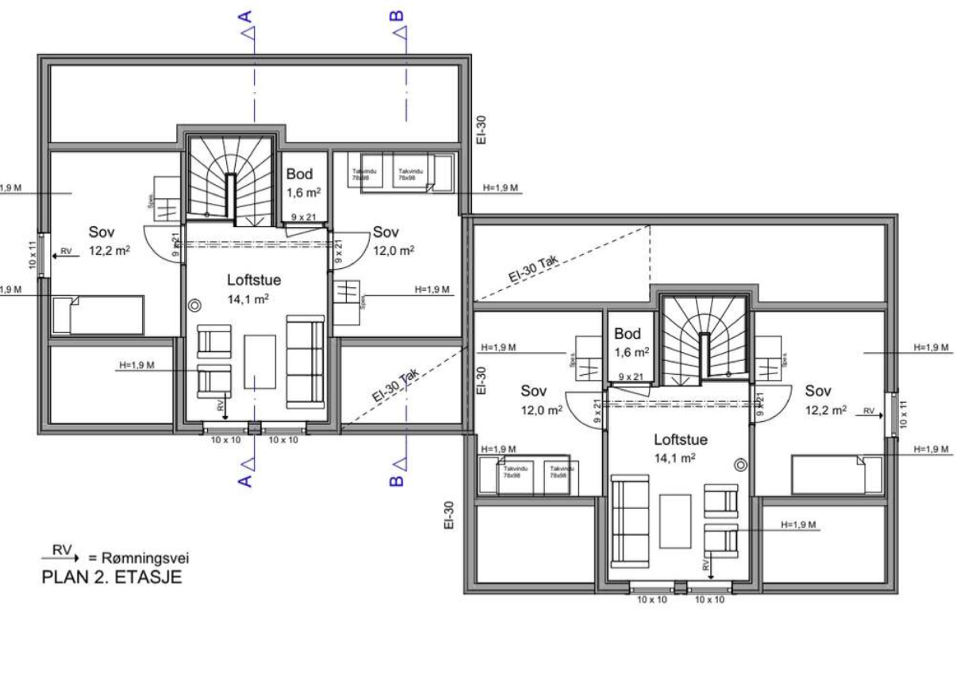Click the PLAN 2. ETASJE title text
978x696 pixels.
[x=112, y=577]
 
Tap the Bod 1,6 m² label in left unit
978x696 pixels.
[x=303, y=183]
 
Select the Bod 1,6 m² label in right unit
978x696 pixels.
[x=631, y=343]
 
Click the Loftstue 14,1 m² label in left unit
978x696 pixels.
[x=254, y=289]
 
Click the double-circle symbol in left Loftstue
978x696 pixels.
[x=195, y=305]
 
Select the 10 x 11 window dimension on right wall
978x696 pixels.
[x=903, y=414]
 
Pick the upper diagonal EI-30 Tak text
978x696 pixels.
[x=533, y=269]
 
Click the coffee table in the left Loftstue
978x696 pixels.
[x=260, y=362]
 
